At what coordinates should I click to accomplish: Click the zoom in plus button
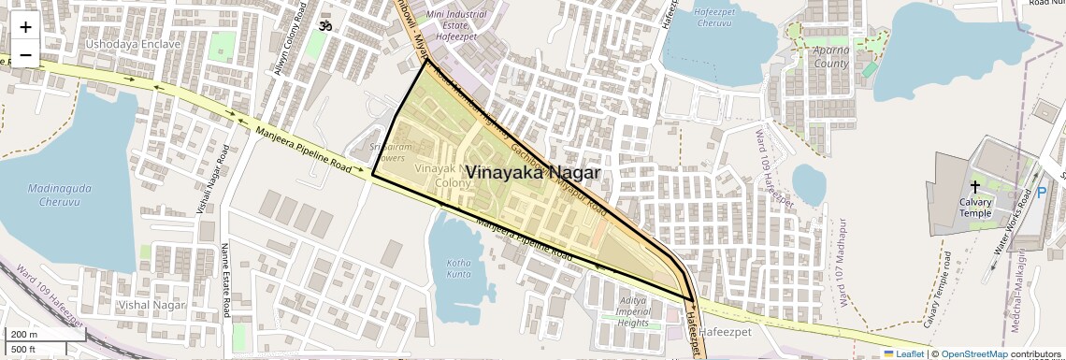pos(25,26)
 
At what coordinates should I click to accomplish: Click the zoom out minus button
pos(25,54)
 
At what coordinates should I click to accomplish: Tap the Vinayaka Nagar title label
pos(532,173)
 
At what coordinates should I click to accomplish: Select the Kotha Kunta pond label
pos(459,268)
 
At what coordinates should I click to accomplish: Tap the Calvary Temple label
pos(975,207)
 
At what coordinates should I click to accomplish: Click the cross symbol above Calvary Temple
pos(975,186)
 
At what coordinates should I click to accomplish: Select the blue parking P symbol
pos(1041,194)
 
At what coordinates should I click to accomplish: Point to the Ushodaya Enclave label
pos(133,44)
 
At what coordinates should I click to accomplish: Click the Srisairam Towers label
pos(387,152)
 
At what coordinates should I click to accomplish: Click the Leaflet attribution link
pos(903,353)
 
